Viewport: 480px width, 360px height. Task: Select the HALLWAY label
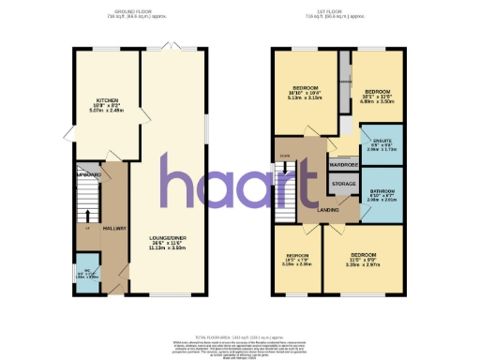114,229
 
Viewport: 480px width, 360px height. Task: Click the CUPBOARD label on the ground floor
89,175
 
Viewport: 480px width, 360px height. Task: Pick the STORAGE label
343,184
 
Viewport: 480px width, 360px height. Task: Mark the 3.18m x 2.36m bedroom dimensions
297,264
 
